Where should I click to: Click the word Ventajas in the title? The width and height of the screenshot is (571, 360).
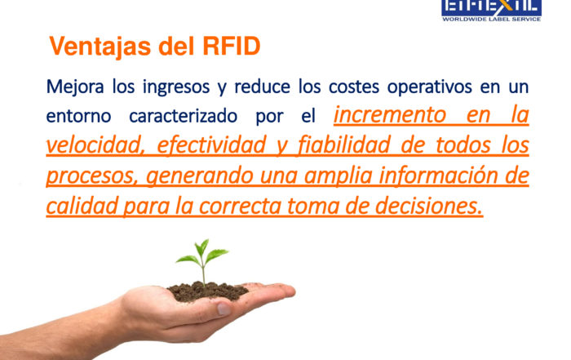[100, 47]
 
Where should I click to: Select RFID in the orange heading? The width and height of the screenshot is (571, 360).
[231, 46]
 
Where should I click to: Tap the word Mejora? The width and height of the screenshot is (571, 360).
[75, 87]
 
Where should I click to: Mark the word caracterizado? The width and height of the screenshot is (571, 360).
[184, 117]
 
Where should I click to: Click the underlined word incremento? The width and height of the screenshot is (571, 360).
[390, 115]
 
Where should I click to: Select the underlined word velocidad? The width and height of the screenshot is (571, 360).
[94, 145]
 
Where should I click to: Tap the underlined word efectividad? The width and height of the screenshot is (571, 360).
[211, 145]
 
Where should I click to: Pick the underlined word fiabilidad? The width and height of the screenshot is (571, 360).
[344, 145]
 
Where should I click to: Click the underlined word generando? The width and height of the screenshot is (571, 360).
[200, 176]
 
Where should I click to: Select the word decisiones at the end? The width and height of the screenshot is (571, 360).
[428, 207]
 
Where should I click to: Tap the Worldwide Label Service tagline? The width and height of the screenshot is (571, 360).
[492, 19]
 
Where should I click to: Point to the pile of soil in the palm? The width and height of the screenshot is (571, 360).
[207, 291]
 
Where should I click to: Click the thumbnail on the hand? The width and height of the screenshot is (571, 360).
[224, 309]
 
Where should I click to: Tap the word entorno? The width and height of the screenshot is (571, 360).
[78, 117]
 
